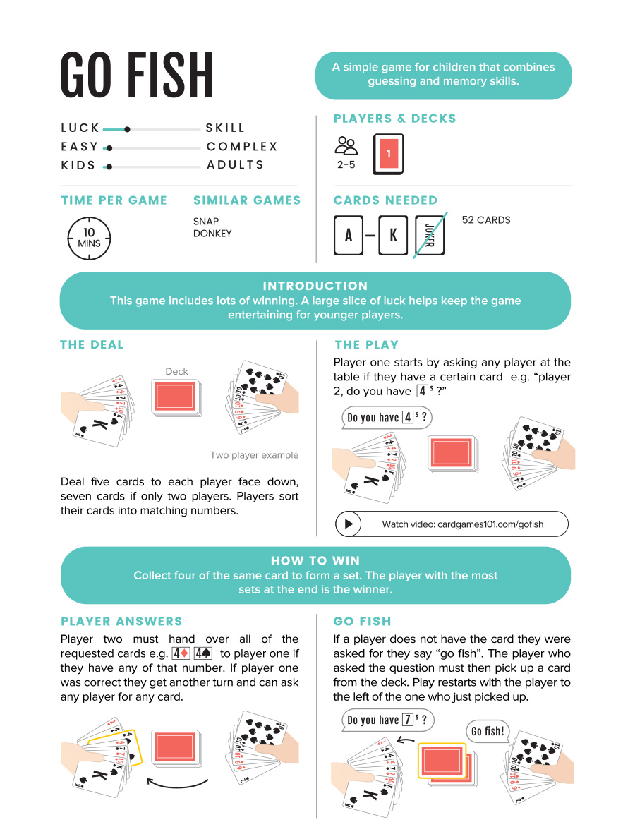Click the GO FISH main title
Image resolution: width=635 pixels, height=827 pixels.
pos(137,75)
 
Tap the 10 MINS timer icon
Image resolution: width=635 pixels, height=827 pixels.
pos(89,238)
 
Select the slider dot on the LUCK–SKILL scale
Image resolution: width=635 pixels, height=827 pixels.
pos(127,129)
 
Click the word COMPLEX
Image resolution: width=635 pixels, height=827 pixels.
pos(242,147)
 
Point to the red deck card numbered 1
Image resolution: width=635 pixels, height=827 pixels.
pos(388,154)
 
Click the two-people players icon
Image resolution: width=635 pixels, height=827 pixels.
pos(346,146)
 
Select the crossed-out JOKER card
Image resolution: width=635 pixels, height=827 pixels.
pos(430,234)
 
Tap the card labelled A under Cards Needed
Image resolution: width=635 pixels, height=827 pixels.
pos(349,235)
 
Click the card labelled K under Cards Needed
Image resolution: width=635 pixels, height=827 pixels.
pos(393,235)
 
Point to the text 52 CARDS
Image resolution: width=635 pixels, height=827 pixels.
pos(485,220)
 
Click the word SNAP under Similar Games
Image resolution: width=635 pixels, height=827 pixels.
pos(206,221)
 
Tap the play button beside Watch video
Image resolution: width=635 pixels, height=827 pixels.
pos(349,524)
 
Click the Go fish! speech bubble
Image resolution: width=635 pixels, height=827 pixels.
pos(488,731)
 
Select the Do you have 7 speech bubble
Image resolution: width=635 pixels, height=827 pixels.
pos(387,720)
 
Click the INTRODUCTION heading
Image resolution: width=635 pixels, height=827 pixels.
pos(315,286)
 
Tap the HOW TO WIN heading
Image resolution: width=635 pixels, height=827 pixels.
pos(315,560)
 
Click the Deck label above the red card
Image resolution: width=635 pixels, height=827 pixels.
pos(176,371)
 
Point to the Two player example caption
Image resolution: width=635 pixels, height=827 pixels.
pos(254,455)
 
